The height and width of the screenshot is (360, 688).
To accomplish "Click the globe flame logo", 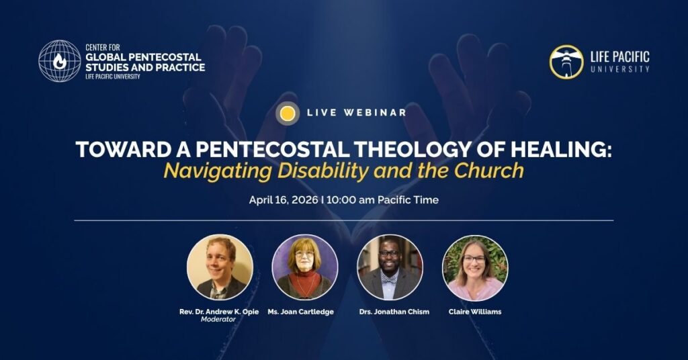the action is tap(60, 61).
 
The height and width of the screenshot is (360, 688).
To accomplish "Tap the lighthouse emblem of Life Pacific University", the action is tap(566, 62).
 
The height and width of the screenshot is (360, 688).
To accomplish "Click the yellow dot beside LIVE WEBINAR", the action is tap(288, 113).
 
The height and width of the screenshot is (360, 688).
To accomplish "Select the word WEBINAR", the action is tap(375, 112).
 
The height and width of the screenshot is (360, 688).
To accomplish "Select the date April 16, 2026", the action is tap(284, 200).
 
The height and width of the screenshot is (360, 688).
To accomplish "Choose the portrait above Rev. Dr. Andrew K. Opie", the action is tap(220, 267).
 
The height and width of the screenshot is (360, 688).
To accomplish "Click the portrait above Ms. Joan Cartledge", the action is tap(305, 267).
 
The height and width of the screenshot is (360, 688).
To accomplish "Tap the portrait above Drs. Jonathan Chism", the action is tap(390, 267).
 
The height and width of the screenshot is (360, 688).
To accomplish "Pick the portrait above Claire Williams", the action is tap(475, 268).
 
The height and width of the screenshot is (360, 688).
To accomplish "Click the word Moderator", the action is tap(218, 319).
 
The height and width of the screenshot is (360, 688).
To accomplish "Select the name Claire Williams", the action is tap(475, 312).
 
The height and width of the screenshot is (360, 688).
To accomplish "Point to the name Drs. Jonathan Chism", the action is tap(394, 312).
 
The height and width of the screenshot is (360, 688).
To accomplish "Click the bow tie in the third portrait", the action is tap(389, 279).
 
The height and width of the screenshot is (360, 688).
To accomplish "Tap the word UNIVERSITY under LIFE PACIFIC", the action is tap(620, 69).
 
